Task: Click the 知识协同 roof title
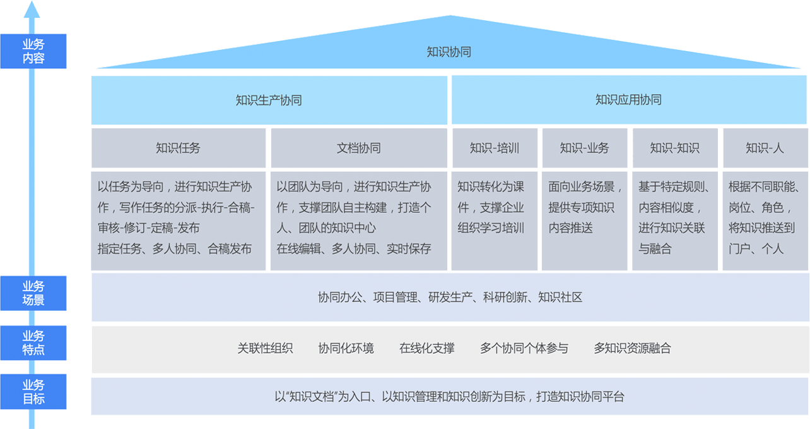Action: (449, 52)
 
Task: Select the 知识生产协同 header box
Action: (269, 100)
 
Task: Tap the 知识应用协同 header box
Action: (628, 100)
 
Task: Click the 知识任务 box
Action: (178, 148)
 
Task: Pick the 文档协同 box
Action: (358, 148)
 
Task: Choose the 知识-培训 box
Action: (495, 148)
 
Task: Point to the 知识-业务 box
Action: (585, 148)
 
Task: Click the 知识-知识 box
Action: (675, 148)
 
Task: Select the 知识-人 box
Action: (765, 148)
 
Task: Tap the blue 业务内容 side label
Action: (33, 51)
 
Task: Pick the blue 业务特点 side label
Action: (33, 342)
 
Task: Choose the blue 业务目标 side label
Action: (33, 392)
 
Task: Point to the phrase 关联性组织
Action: (265, 348)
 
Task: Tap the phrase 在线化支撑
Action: (426, 348)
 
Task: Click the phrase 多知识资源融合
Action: (632, 348)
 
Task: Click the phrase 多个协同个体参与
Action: (524, 348)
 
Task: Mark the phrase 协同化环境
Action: (346, 348)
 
